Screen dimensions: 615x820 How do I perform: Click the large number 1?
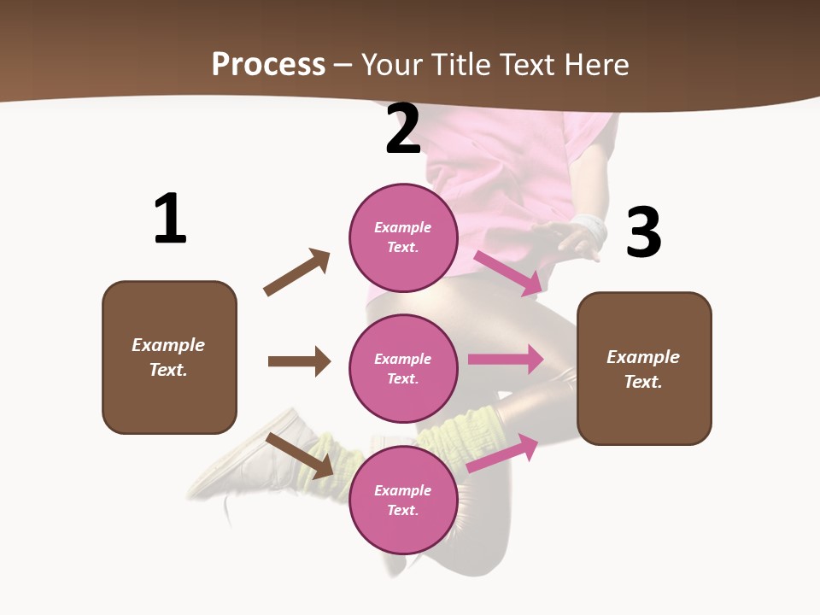(x=170, y=219)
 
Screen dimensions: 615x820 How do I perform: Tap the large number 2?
(x=403, y=130)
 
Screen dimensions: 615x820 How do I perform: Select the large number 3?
(x=643, y=232)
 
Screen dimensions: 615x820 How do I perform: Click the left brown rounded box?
(x=169, y=357)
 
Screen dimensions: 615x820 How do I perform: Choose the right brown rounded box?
(x=644, y=369)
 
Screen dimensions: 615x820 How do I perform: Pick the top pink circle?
(x=403, y=237)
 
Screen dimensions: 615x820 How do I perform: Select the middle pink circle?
(x=403, y=369)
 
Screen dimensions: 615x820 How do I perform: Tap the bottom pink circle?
(x=403, y=501)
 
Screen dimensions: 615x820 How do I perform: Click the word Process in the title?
(x=268, y=64)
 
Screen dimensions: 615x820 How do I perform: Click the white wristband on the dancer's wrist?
(x=589, y=228)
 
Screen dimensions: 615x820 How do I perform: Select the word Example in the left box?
(x=168, y=345)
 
